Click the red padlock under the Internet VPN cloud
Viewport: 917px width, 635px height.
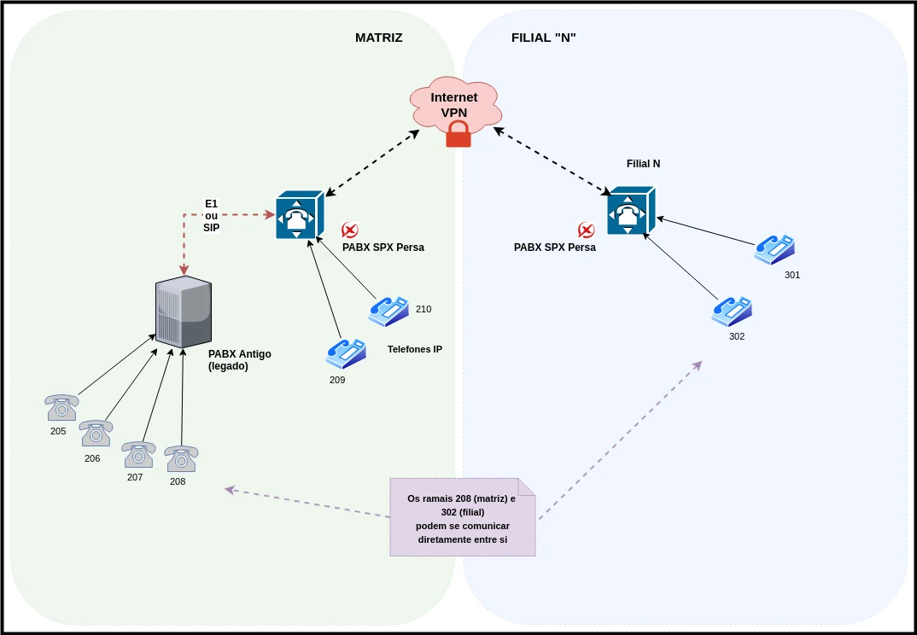tap(458, 133)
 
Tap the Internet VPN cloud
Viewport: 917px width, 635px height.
tap(453, 104)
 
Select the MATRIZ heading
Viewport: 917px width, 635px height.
tap(378, 38)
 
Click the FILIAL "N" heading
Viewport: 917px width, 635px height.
tap(544, 38)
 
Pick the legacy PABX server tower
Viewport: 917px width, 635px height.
tap(184, 312)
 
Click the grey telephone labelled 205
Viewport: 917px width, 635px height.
tap(61, 408)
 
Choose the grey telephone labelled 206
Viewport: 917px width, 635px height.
tap(96, 434)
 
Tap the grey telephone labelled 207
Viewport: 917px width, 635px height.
tap(137, 454)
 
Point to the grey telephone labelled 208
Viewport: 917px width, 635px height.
tap(181, 459)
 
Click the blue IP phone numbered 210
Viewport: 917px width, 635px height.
tap(388, 312)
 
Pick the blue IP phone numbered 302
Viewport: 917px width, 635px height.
tap(732, 311)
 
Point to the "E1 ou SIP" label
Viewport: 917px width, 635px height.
tap(211, 215)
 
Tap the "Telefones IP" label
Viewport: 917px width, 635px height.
tap(415, 349)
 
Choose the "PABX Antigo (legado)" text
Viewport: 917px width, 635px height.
tap(239, 359)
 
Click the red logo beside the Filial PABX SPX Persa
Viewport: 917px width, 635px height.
tap(586, 230)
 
